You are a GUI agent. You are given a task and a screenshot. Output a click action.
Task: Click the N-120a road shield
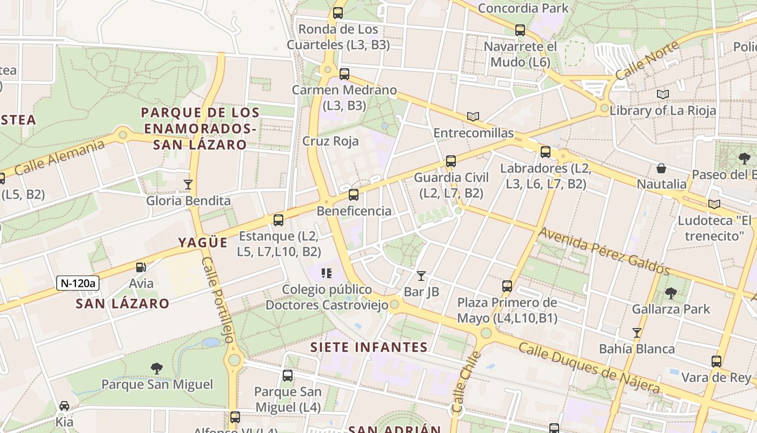(78, 283)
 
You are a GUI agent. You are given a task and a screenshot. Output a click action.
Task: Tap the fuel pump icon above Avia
(141, 267)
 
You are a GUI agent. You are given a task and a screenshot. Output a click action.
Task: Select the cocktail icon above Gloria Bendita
(188, 185)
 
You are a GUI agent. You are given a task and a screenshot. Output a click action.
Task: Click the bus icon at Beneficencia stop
(353, 195)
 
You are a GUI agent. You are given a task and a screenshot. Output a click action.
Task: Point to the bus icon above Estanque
(278, 220)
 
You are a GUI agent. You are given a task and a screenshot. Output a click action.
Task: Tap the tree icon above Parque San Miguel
(157, 369)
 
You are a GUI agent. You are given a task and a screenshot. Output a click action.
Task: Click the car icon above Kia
(64, 406)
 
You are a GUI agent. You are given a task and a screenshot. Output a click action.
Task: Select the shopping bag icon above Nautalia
(661, 168)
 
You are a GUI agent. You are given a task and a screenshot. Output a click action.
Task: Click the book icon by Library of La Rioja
(663, 95)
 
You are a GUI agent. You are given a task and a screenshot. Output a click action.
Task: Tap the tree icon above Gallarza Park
(670, 293)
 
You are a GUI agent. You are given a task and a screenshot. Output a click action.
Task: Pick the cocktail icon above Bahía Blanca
(636, 332)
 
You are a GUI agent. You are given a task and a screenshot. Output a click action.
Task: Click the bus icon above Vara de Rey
(716, 362)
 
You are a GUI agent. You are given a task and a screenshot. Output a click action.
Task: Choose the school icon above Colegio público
(326, 273)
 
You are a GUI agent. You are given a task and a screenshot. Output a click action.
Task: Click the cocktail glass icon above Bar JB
(421, 276)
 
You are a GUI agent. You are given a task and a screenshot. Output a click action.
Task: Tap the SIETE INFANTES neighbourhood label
(369, 347)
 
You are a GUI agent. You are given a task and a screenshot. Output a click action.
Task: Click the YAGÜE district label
(203, 242)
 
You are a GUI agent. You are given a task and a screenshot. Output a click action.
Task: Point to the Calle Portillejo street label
(218, 299)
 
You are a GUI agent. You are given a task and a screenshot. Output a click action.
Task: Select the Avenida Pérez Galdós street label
(604, 251)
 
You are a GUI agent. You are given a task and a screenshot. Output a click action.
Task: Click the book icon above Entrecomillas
(473, 116)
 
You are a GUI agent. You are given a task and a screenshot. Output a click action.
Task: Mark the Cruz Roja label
(330, 141)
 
